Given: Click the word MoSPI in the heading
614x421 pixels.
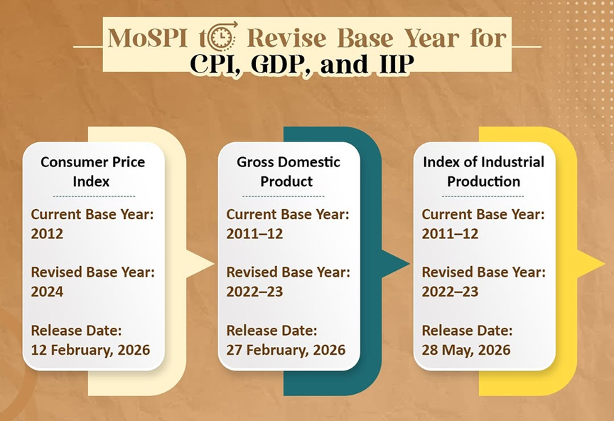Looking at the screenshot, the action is click(148, 38).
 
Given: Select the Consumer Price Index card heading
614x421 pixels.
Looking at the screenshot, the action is click(92, 171).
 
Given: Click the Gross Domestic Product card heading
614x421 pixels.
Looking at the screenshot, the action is click(289, 171).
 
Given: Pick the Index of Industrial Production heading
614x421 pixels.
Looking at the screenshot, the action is click(484, 171).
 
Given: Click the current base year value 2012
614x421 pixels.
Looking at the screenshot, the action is click(47, 234).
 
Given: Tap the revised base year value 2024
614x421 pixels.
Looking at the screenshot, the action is click(47, 292).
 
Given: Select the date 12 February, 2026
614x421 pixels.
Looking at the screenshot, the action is click(90, 350).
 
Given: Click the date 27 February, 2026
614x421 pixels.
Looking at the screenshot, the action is click(286, 350).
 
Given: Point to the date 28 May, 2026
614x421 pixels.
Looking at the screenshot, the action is click(466, 350).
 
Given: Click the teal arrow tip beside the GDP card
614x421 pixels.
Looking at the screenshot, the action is click(409, 264).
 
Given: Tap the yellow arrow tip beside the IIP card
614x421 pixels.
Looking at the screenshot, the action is click(604, 264).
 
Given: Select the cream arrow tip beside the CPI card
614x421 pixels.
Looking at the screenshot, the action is click(214, 264).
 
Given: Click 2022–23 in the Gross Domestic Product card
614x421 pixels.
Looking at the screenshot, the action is click(254, 292).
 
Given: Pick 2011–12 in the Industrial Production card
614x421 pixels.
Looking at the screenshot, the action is click(450, 234).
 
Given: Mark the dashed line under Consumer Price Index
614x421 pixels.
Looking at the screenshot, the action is click(94, 196).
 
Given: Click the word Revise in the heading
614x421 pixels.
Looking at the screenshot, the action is click(286, 38).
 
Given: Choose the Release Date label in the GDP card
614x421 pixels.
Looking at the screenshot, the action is click(271, 331).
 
